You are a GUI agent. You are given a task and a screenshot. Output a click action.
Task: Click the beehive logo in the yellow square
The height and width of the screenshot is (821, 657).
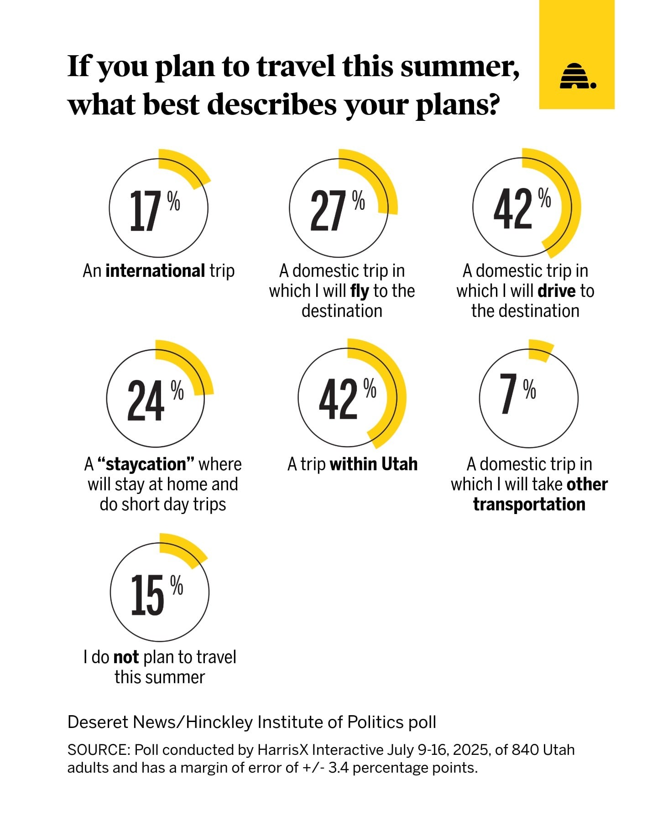point(577,76)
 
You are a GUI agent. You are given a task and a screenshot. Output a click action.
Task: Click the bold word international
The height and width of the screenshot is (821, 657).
point(155,271)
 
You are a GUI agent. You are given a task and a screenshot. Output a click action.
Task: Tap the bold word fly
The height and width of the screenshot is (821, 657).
point(360,291)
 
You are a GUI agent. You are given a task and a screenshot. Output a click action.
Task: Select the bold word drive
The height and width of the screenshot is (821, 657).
point(557,291)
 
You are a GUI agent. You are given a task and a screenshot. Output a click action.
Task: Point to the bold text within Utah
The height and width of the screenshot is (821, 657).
point(374,464)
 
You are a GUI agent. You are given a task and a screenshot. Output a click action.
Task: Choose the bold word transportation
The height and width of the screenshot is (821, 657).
point(529,504)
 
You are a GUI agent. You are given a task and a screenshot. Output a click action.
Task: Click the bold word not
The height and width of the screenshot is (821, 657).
point(126,657)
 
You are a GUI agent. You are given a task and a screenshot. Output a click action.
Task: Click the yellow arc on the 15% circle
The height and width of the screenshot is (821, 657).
point(185,550)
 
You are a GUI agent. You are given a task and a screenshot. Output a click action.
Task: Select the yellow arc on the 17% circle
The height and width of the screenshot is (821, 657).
point(187,166)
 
